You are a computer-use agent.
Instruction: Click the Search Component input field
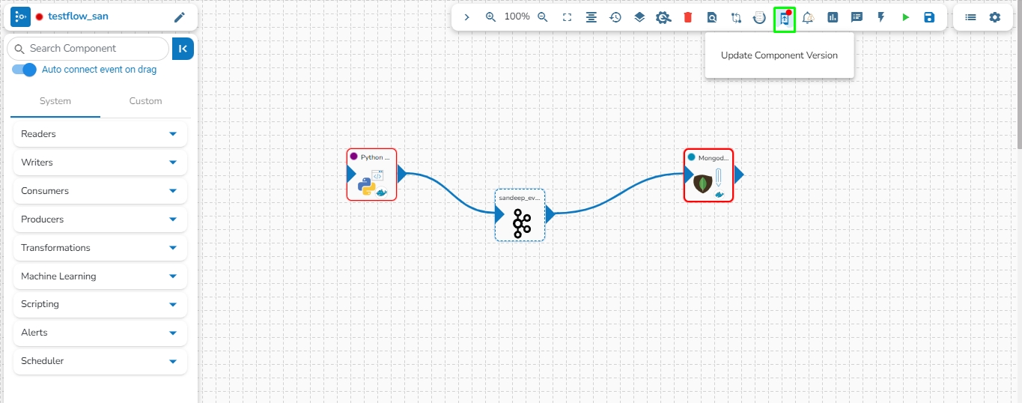pos(88,49)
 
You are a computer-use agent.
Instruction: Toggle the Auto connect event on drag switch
pos(24,70)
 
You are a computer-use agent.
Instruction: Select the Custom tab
pos(145,101)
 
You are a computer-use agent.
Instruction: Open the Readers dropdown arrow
pos(173,134)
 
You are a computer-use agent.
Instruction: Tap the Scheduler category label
pos(43,361)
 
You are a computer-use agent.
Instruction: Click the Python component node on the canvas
pos(372,175)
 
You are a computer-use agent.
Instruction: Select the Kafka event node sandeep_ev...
pos(520,215)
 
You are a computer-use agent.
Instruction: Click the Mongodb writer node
pos(708,175)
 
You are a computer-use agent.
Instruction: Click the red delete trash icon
pos(687,17)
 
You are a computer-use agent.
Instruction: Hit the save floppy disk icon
pos(929,17)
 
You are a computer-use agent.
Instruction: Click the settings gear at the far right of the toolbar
pos(995,17)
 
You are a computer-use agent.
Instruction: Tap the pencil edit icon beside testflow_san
pos(179,17)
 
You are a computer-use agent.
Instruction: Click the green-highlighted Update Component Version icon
pos(785,19)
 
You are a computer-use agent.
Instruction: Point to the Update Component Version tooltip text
pos(779,55)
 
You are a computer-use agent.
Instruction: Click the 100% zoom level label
pos(517,17)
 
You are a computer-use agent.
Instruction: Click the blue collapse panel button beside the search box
pos(183,49)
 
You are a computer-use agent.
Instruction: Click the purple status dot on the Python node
pos(353,157)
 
